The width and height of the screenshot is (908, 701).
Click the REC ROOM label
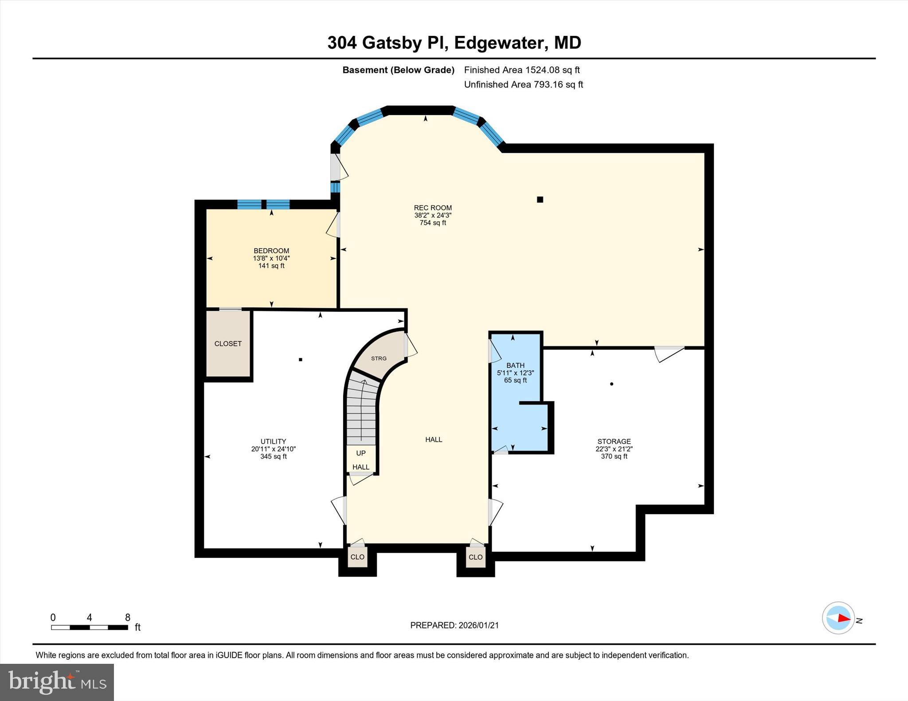click(x=433, y=208)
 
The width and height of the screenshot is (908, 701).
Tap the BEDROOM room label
click(x=271, y=251)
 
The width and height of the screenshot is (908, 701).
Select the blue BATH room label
click(x=515, y=365)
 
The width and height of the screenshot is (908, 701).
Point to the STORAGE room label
click(x=614, y=442)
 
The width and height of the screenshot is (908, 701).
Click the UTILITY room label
click(x=273, y=442)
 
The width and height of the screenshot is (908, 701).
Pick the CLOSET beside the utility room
click(x=228, y=344)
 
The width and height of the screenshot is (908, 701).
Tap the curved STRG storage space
click(x=379, y=358)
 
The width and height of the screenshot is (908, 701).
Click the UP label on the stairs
click(x=361, y=453)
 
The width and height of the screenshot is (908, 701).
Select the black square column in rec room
click(x=540, y=200)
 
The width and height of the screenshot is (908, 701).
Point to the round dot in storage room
click(x=611, y=384)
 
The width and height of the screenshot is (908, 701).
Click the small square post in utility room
click(x=301, y=360)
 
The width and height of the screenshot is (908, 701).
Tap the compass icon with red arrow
click(x=838, y=618)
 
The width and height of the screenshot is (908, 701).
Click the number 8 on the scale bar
click(x=128, y=617)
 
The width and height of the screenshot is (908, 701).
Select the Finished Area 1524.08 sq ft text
click(x=522, y=70)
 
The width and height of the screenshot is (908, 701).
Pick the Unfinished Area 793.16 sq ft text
click(x=523, y=85)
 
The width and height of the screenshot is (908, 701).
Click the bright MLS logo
click(x=57, y=682)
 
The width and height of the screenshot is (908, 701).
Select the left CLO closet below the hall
click(x=357, y=557)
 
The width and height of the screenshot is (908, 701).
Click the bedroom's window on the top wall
click(x=263, y=205)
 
